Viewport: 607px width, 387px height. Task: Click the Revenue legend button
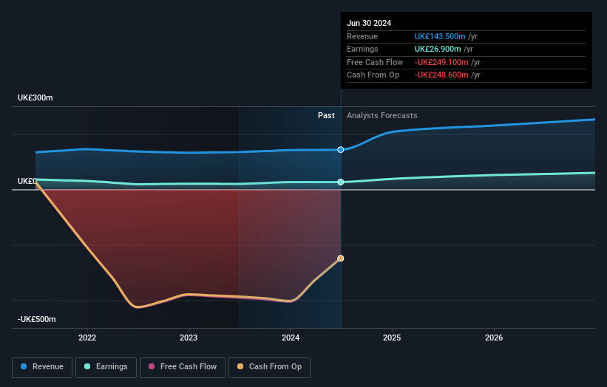point(42,367)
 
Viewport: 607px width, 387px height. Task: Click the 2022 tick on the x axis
point(87,338)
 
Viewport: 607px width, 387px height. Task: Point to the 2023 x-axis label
point(189,338)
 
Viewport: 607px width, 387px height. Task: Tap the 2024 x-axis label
point(291,338)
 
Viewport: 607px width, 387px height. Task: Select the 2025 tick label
point(392,338)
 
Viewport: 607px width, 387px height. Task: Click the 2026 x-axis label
point(494,338)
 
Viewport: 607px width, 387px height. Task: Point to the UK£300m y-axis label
point(35,98)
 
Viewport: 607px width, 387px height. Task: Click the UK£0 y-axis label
point(27,181)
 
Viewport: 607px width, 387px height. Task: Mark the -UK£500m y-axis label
point(37,319)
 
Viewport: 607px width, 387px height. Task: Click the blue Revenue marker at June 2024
point(341,150)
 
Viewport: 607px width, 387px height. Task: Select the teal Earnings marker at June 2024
point(341,182)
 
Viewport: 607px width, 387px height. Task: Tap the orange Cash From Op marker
point(341,258)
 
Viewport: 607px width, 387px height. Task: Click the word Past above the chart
point(326,116)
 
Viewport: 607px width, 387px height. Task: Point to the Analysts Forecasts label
point(382,116)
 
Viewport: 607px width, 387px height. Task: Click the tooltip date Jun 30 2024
point(369,23)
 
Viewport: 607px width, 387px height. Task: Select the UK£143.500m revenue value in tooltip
point(440,37)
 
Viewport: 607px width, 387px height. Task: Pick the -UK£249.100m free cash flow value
point(441,62)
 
